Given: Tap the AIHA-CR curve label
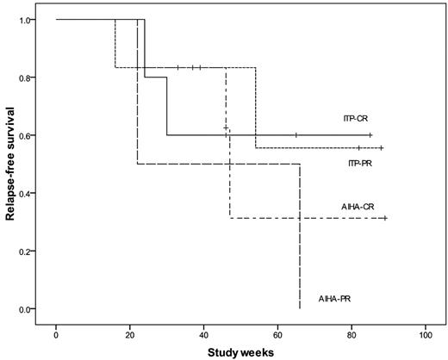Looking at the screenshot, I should pyautogui.click(x=355, y=207).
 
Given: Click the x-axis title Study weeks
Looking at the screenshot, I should pyautogui.click(x=240, y=352).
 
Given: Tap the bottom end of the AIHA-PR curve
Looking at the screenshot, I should pyautogui.click(x=299, y=307).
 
